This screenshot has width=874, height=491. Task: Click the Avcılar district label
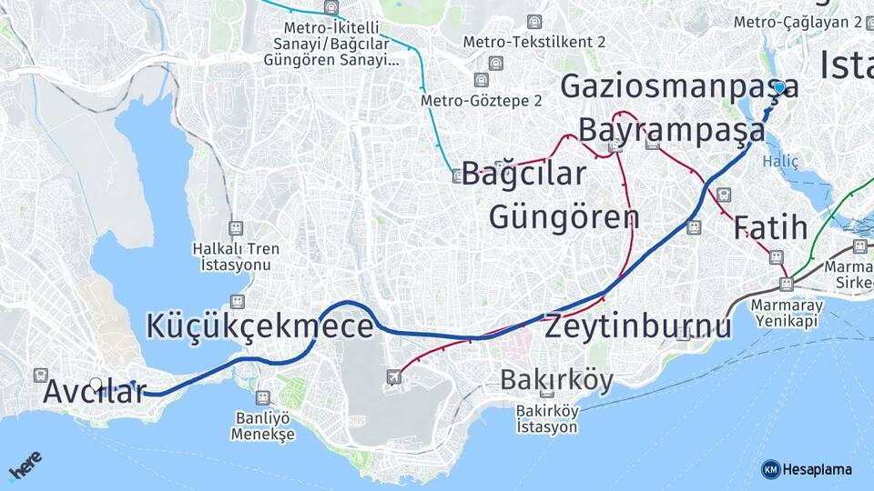click(94, 393)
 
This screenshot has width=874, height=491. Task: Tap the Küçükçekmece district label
click(260, 326)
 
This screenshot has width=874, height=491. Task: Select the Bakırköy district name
click(556, 380)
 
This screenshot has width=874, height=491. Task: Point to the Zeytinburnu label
click(637, 326)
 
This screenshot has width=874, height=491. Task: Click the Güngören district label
click(564, 217)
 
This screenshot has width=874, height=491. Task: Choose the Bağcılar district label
click(523, 173)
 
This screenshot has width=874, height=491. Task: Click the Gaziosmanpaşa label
click(679, 85)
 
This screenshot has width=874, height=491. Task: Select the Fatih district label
click(770, 226)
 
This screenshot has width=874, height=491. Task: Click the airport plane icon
click(393, 376)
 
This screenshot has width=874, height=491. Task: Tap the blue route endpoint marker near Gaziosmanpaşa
click(779, 87)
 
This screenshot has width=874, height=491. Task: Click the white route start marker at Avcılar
click(96, 384)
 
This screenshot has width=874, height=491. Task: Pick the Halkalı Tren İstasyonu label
click(236, 256)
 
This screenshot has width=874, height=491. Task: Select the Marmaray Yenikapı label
click(787, 315)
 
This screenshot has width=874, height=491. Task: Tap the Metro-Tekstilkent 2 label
click(534, 42)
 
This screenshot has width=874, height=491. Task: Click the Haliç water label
click(780, 161)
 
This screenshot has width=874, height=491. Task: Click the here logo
click(25, 466)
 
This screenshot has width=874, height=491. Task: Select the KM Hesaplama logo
click(807, 469)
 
